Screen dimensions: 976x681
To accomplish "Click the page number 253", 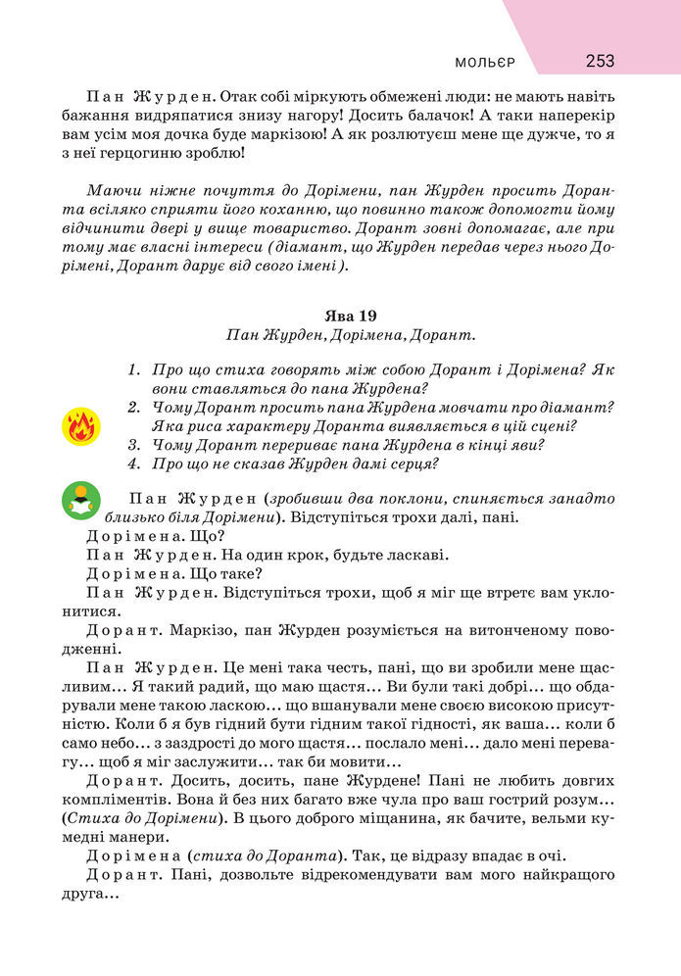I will pos(600,61).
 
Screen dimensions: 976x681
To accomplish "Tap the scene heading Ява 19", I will pos(350,315).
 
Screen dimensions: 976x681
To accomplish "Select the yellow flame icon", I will pos(80,426).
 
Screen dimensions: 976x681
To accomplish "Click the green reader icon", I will pos(80,500).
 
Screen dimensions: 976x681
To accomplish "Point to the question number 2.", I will pos(133,407).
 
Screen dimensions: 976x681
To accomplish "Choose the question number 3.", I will pos(133,444).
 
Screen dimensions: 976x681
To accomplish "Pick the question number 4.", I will pos(133,464).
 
